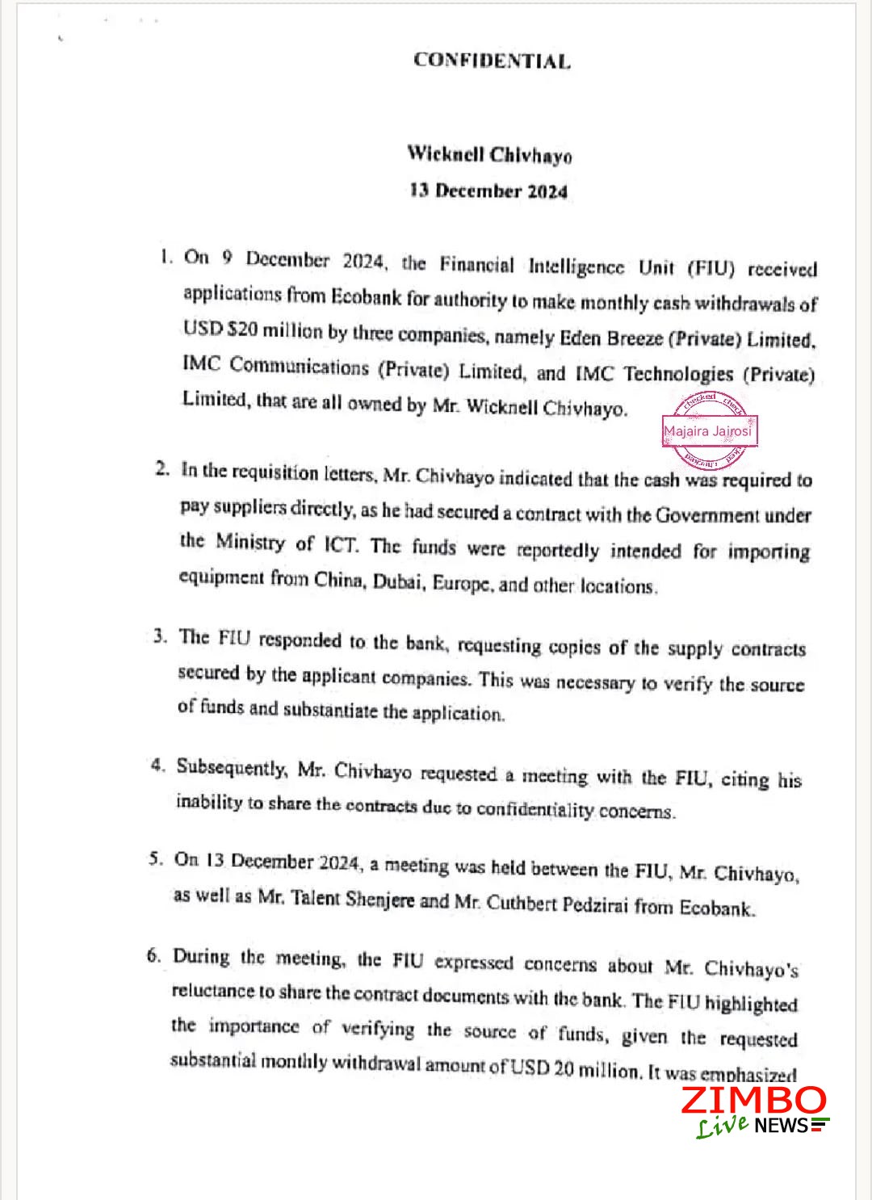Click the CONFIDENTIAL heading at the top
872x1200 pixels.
[491, 61]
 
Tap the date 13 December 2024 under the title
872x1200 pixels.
[488, 191]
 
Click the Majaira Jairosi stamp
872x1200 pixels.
[707, 430]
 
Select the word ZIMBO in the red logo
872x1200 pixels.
[753, 1101]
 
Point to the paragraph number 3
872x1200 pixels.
[161, 636]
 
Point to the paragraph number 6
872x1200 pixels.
[154, 956]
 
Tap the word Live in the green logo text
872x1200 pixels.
[722, 1125]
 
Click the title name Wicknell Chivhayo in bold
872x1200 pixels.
[489, 153]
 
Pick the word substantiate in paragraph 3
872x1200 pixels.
[330, 711]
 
